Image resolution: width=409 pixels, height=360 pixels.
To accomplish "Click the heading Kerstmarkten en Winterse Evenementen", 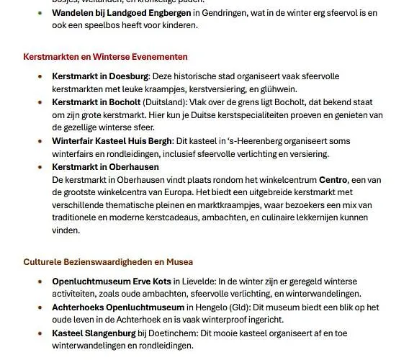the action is pos(105,57).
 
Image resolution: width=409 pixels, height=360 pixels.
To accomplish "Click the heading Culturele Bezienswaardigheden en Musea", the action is pos(107,261).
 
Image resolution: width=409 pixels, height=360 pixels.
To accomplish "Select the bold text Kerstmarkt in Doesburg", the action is pos(100,76).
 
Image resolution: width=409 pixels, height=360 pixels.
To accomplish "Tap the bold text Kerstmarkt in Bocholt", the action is pos(96,102).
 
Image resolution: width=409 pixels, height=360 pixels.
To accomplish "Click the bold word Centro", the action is pos(333,179).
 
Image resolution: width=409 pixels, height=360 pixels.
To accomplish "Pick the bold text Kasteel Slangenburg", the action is pos(94,333).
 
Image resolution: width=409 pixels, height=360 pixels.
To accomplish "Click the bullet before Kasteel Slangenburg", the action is pos(40,333).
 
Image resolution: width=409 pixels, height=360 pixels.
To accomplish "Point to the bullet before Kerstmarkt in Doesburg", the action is pos(40,76).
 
